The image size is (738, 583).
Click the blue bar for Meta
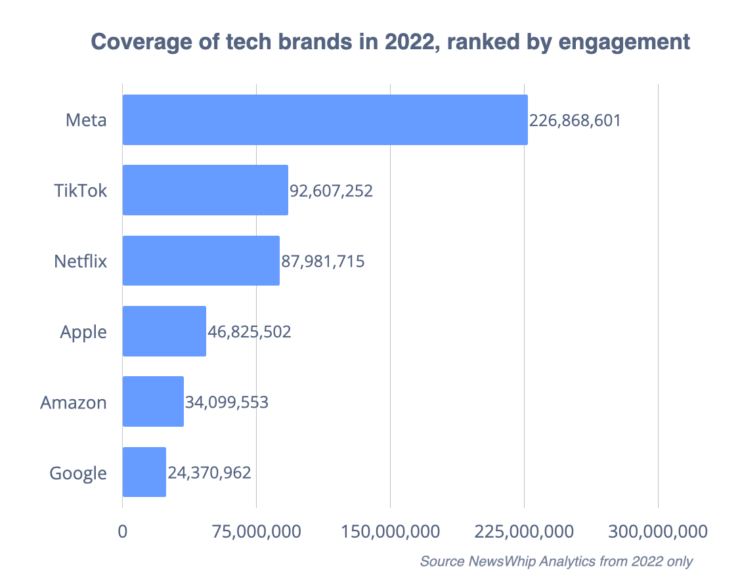[325, 119]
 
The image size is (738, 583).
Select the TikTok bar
[205, 190]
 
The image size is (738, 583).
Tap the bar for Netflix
[201, 261]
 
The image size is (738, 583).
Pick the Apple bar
[164, 331]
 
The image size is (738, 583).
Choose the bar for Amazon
[153, 402]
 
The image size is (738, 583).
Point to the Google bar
[144, 472]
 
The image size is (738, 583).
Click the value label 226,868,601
[575, 121]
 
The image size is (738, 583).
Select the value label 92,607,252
[331, 191]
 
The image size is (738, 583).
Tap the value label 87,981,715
[322, 261]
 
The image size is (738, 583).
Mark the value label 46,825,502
[249, 332]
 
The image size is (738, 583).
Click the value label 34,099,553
[227, 402]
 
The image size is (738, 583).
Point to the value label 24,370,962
[209, 473]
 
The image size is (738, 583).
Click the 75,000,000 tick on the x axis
[256, 531]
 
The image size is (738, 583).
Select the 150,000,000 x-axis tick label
[390, 531]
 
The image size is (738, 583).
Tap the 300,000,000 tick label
[657, 531]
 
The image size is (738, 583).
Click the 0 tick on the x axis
[123, 531]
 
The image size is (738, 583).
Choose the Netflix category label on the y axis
[80, 261]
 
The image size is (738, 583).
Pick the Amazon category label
[74, 402]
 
